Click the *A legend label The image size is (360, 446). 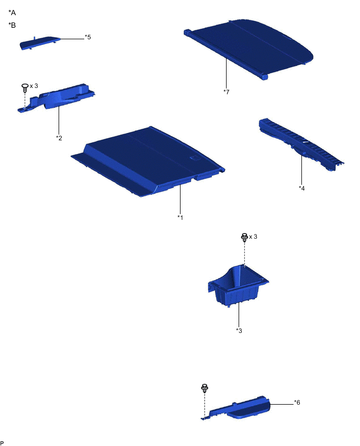12,12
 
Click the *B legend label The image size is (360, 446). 12,25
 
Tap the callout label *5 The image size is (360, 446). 88,38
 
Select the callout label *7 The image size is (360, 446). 226,92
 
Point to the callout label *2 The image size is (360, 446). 59,138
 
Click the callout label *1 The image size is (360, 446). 181,217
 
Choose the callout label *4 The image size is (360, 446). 302,188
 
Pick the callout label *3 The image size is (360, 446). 239,331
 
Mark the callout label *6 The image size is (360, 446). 297,403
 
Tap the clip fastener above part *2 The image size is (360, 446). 25,87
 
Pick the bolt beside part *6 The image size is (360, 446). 205,388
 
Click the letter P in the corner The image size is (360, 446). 3,442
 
